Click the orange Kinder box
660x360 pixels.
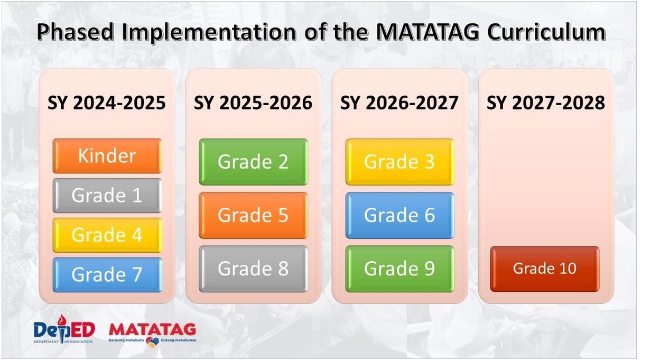tap(107, 156)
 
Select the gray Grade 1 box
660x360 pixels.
tap(107, 196)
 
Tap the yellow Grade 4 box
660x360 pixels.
tap(107, 235)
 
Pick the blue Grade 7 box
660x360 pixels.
tap(107, 275)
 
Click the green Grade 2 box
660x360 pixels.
tap(253, 162)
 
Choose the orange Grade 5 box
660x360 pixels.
tap(253, 215)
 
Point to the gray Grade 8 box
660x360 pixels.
tap(253, 269)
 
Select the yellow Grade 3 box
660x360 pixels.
tap(399, 162)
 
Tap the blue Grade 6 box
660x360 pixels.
tap(399, 215)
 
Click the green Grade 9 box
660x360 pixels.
tap(399, 269)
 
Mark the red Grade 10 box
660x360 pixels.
tap(544, 269)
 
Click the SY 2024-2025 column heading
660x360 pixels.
tap(107, 103)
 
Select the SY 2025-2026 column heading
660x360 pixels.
tap(253, 103)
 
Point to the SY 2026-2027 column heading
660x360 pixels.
tap(399, 103)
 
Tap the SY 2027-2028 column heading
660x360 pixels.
tap(546, 103)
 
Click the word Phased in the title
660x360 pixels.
tap(76, 32)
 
